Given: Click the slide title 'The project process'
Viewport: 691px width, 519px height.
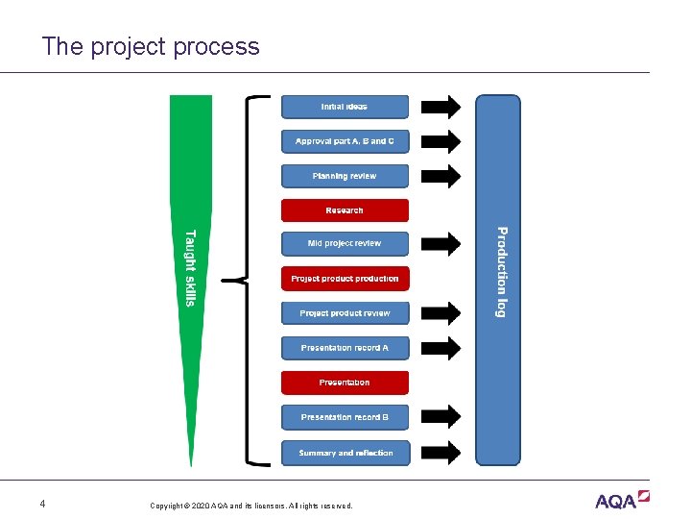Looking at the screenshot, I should pos(151,47).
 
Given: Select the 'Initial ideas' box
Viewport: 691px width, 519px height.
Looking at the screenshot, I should pos(345,107).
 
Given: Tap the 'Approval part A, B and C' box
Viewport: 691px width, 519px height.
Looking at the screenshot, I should pos(345,141).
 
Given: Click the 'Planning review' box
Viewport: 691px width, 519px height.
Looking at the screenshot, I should pos(345,176).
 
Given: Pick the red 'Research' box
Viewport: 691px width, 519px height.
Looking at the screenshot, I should pos(345,210).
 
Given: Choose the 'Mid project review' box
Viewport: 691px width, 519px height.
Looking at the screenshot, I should pos(345,244).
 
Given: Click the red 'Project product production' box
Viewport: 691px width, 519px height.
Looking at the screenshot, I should pos(345,279).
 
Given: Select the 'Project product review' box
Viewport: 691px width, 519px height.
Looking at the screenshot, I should pos(345,313).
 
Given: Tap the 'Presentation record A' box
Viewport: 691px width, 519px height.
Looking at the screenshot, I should pos(345,348).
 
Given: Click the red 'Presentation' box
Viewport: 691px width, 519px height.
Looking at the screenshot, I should pos(345,383).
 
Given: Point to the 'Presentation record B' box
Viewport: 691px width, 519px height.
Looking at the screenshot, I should pos(345,417).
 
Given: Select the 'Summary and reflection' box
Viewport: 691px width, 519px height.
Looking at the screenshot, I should pos(345,453).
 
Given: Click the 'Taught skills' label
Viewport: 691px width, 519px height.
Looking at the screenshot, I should pos(190,268).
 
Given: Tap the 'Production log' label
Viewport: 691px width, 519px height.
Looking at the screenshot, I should pos(500,272).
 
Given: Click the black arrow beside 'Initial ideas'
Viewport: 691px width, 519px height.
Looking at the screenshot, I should pos(441,107).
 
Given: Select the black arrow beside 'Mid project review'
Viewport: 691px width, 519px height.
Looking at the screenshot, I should pos(441,244).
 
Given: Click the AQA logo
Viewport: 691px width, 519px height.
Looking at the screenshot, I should pos(622,500).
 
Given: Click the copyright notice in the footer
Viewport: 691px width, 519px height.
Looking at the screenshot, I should pos(251,506).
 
